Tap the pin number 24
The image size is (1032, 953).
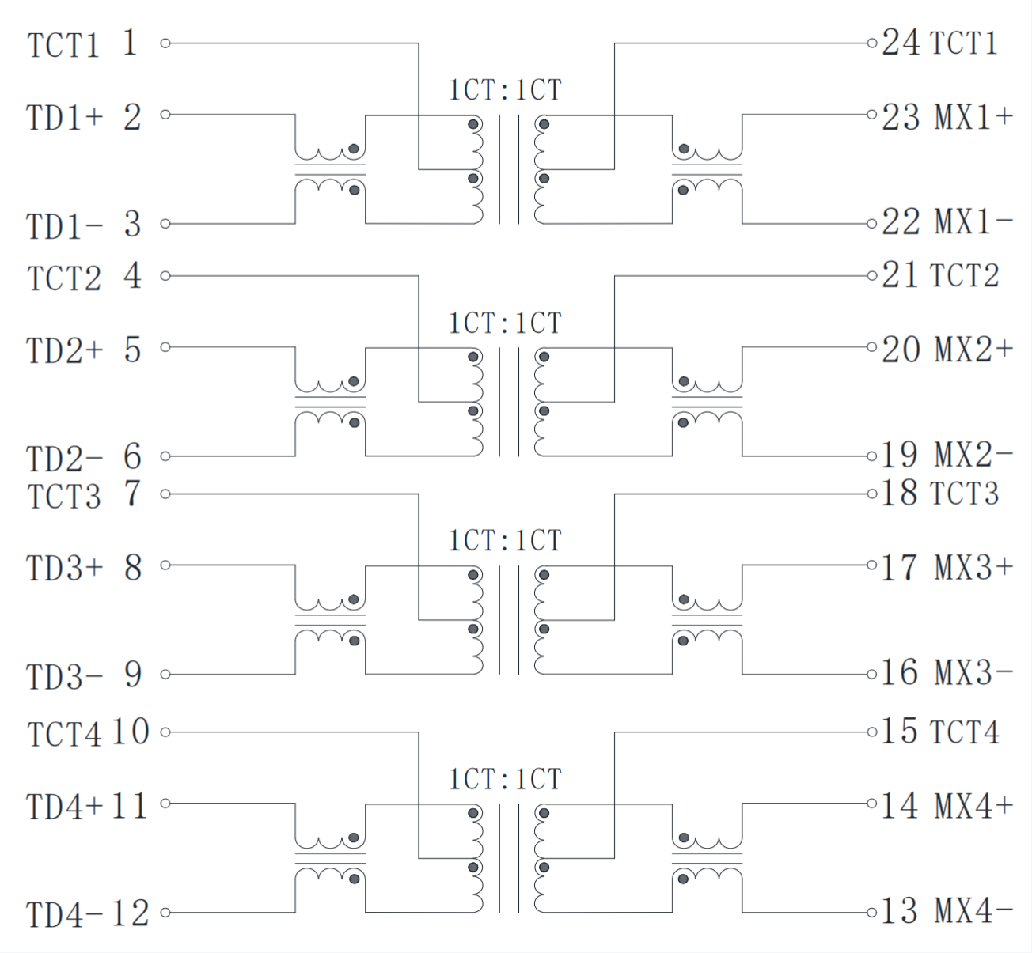[x=901, y=43]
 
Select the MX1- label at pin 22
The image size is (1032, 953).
[x=973, y=222]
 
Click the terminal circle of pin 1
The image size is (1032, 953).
[x=165, y=43]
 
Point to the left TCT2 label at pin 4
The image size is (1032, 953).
[x=64, y=279]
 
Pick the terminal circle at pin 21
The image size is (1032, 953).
[x=871, y=276]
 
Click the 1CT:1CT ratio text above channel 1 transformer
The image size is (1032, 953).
[x=505, y=90]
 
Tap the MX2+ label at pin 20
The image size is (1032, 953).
[x=973, y=349]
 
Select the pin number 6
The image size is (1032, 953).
[x=132, y=457]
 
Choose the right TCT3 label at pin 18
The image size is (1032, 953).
[x=964, y=494]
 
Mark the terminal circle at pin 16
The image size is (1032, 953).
[x=871, y=675]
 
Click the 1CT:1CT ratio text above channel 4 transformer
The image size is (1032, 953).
[x=505, y=779]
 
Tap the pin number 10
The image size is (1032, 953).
[x=131, y=732]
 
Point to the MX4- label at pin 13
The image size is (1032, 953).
[x=973, y=911]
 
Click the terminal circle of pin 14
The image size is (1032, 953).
[x=871, y=804]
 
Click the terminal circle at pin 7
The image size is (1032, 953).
[x=165, y=494]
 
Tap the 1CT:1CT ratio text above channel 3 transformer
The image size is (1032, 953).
[x=505, y=541]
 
